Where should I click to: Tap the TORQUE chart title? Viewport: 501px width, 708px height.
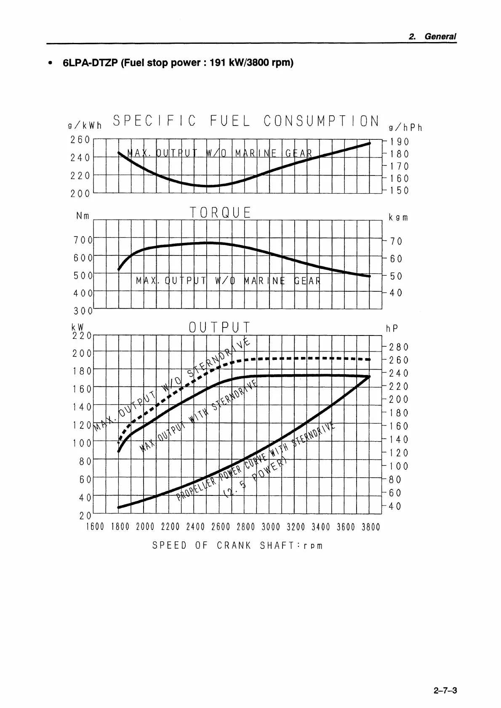[220, 213]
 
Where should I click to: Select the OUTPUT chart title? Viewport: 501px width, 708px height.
[220, 327]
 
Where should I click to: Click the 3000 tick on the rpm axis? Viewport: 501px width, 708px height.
[270, 527]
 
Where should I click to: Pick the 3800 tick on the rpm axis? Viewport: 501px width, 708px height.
[370, 527]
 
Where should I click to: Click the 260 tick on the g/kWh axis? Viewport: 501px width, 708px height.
[80, 139]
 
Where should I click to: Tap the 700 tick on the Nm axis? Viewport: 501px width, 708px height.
[83, 240]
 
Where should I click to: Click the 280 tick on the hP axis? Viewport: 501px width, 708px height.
[399, 347]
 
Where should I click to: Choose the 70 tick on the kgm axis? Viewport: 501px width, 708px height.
[396, 241]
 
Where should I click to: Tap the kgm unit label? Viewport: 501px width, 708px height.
[398, 218]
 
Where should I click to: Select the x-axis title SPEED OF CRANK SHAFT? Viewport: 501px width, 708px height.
[237, 546]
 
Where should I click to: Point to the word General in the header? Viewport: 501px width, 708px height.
[440, 37]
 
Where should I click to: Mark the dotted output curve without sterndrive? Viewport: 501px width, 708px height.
[303, 359]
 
